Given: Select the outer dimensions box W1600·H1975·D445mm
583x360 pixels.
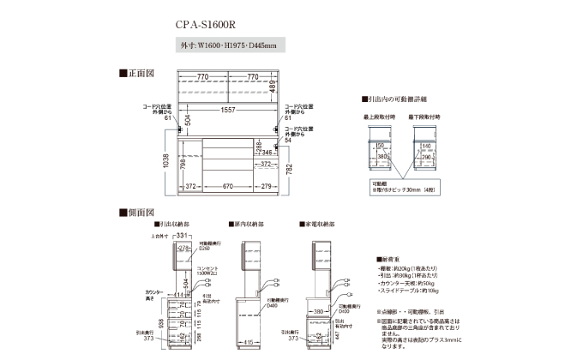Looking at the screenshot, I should [227, 45].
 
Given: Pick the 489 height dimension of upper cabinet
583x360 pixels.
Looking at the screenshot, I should [273, 86].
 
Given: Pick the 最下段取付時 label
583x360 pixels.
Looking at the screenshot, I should [425, 116].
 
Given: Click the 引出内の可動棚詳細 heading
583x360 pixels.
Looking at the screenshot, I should [402, 99].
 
